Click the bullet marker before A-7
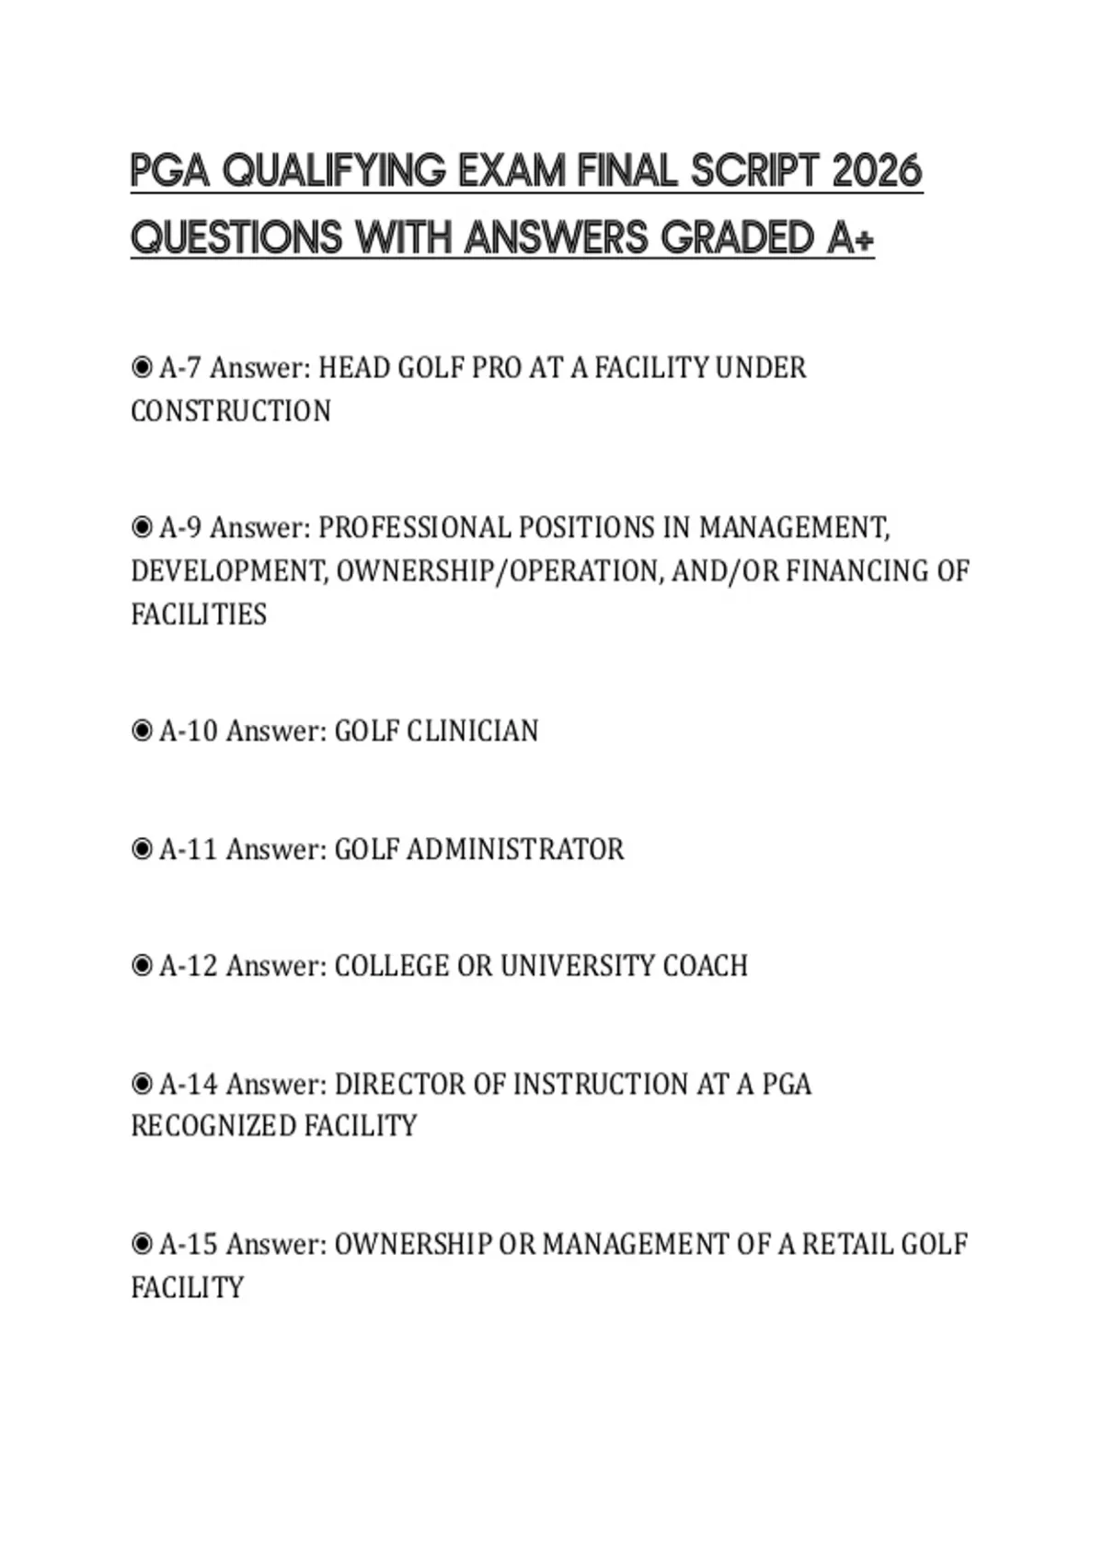142,368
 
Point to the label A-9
180,528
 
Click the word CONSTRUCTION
231,411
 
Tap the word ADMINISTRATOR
515,849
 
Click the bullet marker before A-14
142,1084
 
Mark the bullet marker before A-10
142,731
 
